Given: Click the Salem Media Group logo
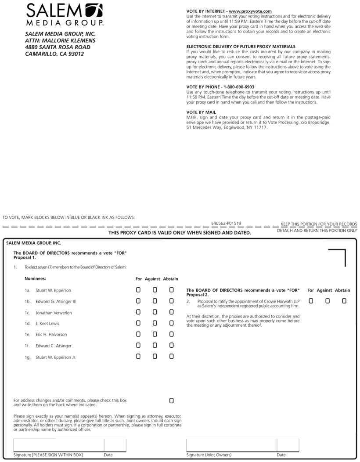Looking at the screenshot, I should click(65, 14).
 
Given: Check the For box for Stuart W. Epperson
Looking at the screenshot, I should click(138, 290).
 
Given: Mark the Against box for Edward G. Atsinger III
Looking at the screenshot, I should click(155, 301).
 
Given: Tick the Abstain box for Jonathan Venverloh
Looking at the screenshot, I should click(172, 312).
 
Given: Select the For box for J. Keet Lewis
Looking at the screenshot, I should click(138, 323).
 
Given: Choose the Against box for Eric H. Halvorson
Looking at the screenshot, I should click(155, 334).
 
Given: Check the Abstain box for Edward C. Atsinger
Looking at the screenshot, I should click(172, 346).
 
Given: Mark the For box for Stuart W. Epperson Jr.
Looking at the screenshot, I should click(138, 357).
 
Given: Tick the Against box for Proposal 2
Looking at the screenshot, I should click(328, 301).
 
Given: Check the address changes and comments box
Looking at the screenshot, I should click(172, 401).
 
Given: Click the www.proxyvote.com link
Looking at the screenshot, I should click(250, 11).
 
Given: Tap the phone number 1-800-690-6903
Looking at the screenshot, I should click(239, 87).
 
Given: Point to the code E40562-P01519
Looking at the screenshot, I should click(226, 223).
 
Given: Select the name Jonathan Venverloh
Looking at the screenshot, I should click(53, 313).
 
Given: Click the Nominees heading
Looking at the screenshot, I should click(35, 278).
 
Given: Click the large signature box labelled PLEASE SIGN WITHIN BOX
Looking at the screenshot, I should click(59, 445).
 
